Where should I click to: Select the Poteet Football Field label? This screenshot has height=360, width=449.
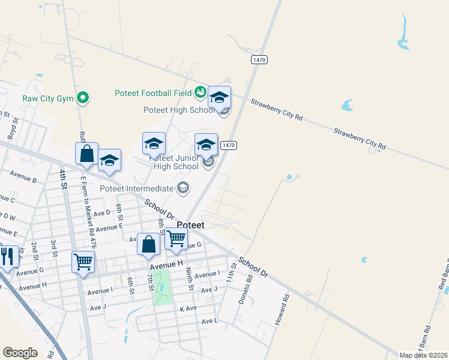(x=153, y=93)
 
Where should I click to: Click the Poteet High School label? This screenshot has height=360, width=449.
(x=179, y=110)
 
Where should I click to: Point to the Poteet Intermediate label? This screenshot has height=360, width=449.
(x=137, y=188)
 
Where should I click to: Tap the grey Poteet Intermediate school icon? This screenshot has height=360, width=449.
(x=183, y=189)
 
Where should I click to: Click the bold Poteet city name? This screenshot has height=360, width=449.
(x=190, y=225)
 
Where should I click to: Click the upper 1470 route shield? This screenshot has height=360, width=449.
(x=259, y=59)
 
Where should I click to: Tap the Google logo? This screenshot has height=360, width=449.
(x=20, y=353)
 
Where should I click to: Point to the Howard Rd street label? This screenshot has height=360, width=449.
(x=282, y=310)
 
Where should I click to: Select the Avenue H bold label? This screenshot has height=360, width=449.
(x=166, y=263)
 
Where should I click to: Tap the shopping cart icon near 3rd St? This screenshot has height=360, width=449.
(x=83, y=262)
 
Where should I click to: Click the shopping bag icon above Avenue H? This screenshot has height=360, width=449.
(x=148, y=244)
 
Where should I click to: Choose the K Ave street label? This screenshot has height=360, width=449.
(x=188, y=308)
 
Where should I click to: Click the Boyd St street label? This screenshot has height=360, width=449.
(x=14, y=128)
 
